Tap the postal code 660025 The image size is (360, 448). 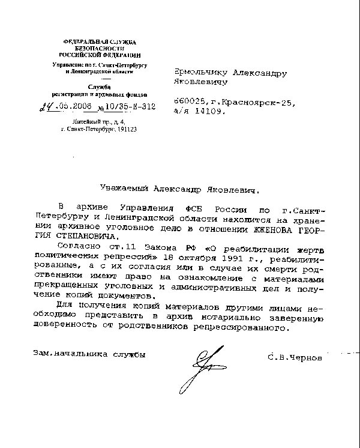(x=189, y=103)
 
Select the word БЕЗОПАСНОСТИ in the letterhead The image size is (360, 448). (x=100, y=47)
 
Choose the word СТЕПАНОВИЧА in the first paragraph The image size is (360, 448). (x=79, y=236)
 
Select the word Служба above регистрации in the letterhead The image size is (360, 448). (x=100, y=87)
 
